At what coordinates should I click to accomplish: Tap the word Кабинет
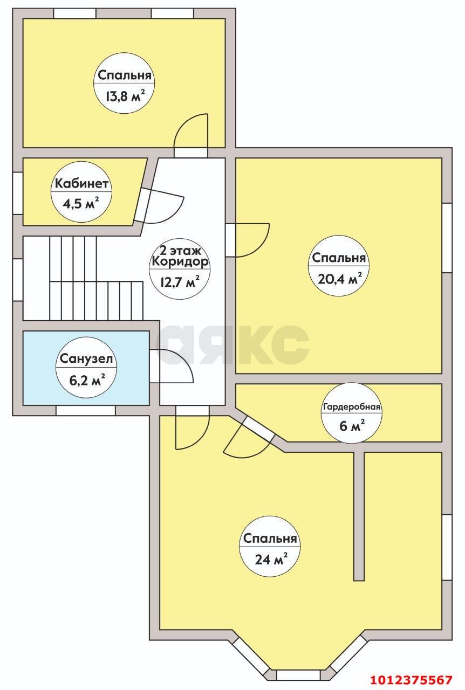tap(81, 184)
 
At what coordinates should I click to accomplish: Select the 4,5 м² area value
tap(81, 203)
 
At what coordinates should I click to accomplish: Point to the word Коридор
tap(180, 262)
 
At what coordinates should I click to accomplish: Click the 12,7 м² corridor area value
tap(180, 281)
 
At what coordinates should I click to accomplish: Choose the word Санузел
tap(86, 358)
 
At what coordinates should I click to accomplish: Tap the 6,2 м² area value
tap(87, 380)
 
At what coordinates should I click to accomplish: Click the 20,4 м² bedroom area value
tap(339, 279)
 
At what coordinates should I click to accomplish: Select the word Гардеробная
tap(352, 406)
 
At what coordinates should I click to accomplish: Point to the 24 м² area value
tap(271, 559)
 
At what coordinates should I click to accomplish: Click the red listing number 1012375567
tap(412, 679)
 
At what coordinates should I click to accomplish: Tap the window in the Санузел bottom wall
tap(86, 410)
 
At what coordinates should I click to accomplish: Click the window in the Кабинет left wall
tap(18, 193)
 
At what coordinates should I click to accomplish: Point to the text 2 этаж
tap(180, 251)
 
